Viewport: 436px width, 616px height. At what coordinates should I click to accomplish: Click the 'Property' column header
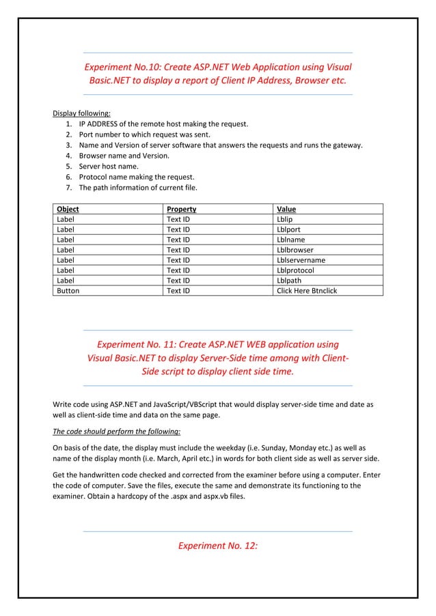pos(182,209)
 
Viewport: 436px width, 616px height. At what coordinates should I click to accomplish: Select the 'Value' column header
pos(286,209)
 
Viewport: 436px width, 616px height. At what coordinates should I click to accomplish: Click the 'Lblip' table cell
pos(284,220)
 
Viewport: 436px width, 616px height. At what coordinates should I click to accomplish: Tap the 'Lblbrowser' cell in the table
pos(295,249)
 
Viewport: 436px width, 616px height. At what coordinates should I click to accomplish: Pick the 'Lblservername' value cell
pos(301,260)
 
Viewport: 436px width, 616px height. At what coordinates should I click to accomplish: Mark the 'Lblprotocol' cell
pos(295,270)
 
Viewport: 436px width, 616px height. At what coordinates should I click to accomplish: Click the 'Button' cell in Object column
pos(68,290)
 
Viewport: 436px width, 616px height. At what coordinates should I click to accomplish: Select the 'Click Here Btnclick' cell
pos(307,290)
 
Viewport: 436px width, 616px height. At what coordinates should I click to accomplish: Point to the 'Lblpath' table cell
pos(288,280)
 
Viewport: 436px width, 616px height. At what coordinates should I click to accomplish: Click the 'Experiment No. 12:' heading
pos(217,545)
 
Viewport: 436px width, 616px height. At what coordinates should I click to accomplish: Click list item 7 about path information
pos(137,187)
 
